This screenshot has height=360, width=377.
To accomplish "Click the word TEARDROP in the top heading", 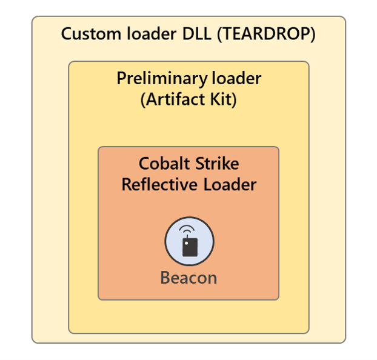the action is (x=267, y=34).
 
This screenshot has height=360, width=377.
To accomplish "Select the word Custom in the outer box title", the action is (x=91, y=34).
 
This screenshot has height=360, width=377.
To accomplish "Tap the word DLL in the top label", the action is (x=197, y=34).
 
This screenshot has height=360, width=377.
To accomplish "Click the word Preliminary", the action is (x=162, y=79).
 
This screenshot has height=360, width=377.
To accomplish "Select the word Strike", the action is (x=217, y=164).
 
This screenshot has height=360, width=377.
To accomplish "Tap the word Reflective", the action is (x=159, y=185).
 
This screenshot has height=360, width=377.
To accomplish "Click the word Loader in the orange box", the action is (x=230, y=185).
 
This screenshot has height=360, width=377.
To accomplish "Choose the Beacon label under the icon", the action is (x=189, y=278).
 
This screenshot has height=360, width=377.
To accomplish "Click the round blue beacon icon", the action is (x=190, y=241).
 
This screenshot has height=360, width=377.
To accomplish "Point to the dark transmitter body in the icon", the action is (x=190, y=247).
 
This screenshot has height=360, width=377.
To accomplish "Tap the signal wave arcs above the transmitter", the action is (x=187, y=229).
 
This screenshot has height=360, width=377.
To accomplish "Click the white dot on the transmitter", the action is (x=186, y=244).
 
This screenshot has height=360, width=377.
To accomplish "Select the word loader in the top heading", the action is (x=152, y=34).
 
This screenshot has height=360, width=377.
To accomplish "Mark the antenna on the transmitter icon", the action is (x=187, y=236).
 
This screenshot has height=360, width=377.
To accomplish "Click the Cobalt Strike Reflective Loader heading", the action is (x=189, y=174).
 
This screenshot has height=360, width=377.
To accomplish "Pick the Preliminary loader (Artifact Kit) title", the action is (x=189, y=89).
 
